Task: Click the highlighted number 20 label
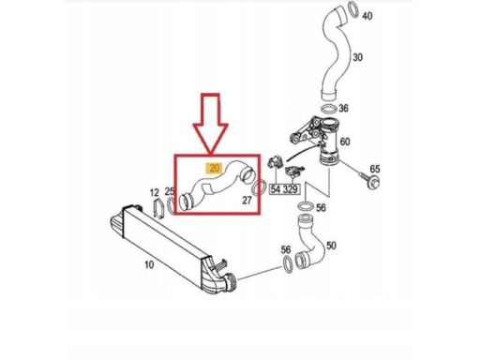click(214, 169)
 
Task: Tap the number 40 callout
click(367, 15)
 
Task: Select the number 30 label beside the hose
click(357, 57)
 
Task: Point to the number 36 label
click(343, 109)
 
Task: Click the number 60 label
click(344, 142)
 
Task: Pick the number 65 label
click(375, 169)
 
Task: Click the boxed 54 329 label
click(285, 189)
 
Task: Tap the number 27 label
click(247, 201)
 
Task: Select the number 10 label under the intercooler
click(149, 264)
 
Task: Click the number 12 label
click(154, 193)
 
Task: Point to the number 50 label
click(331, 246)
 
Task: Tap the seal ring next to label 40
click(353, 9)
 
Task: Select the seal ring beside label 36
click(329, 110)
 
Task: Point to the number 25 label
click(170, 191)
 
